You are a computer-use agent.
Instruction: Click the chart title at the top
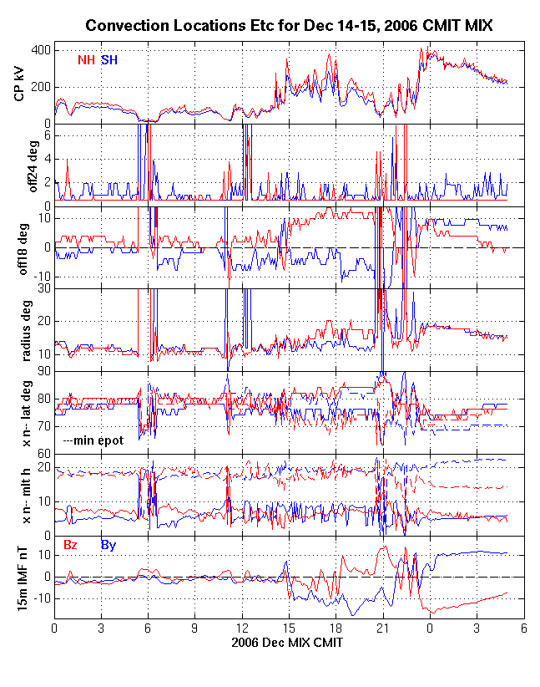289,26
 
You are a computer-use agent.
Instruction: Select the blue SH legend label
109,60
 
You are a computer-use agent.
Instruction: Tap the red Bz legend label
71,545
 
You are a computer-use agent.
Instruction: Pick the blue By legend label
109,545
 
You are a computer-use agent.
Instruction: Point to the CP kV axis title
19,83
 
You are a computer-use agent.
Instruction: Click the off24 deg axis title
19,165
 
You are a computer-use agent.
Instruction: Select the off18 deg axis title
19,248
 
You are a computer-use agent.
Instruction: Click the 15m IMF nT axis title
19,578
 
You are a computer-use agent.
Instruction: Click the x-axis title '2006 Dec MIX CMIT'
289,644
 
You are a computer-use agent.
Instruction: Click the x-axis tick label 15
289,628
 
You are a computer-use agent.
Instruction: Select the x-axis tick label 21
382,628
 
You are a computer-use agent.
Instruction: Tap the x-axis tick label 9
194,628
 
